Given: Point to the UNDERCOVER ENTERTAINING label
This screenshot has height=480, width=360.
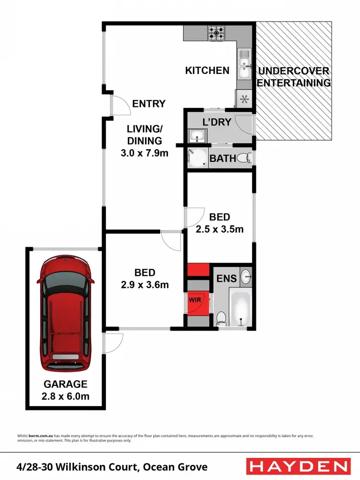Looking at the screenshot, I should coord(294,77).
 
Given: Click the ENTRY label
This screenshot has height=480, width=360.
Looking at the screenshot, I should coord(149,104).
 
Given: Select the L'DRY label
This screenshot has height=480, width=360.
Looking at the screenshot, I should coord(216,122).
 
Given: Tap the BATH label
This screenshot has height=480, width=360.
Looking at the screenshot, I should coord(223,158).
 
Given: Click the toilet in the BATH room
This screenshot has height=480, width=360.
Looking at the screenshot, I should coord(245,156).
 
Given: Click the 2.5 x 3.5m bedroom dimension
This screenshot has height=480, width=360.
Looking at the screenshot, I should coord(219,229).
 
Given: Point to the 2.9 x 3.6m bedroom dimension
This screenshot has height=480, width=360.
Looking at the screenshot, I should coord(144,285).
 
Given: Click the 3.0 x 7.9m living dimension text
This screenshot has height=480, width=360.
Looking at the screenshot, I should coord(144,154).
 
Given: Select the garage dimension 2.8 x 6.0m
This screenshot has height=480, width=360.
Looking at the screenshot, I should coord(66,396).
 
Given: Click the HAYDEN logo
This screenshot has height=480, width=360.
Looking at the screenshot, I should coord(298,466).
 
